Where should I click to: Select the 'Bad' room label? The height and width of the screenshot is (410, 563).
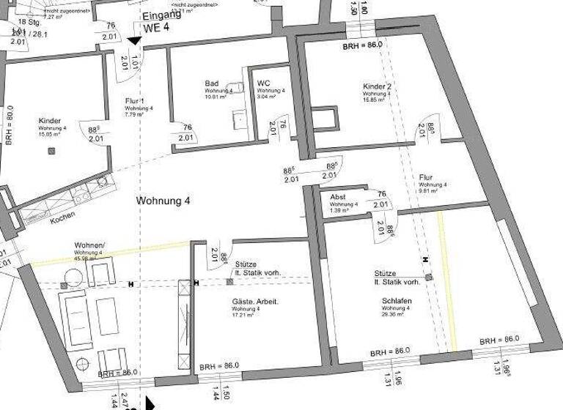[212, 84]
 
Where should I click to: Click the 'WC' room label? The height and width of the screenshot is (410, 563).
[264, 83]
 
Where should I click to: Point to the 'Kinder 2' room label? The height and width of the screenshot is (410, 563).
[378, 87]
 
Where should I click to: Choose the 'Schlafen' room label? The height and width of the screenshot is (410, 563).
[396, 301]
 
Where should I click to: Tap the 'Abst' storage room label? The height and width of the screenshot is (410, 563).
[338, 197]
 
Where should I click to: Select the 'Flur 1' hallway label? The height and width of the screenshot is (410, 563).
[135, 100]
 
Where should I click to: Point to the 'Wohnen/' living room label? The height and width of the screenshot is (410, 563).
[89, 245]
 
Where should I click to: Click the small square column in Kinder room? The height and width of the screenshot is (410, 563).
[51, 151]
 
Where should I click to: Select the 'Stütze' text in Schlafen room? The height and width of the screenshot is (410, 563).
[386, 272]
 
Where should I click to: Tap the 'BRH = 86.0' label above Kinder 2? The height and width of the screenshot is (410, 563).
[363, 45]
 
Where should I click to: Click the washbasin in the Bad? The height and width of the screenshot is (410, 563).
[238, 118]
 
